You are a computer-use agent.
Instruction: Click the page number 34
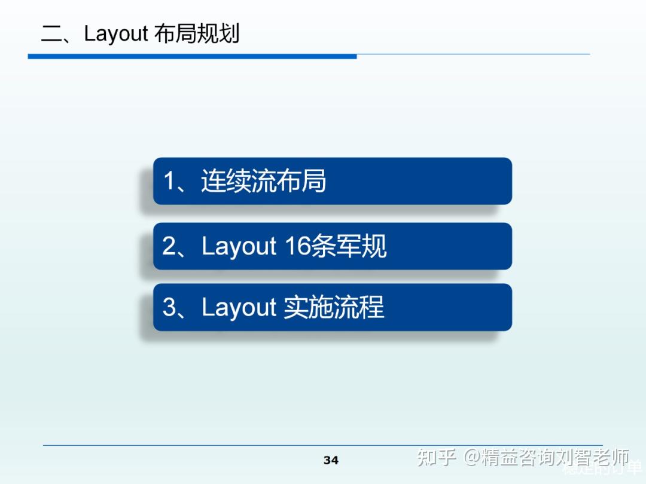pyautogui.click(x=331, y=460)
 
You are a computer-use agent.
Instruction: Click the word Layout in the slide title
pyautogui.click(x=115, y=33)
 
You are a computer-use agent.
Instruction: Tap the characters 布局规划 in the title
pyautogui.click(x=196, y=33)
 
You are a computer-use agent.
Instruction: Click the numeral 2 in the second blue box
pyautogui.click(x=169, y=246)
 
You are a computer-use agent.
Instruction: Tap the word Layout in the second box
pyautogui.click(x=239, y=246)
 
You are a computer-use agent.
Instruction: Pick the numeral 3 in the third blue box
pyautogui.click(x=169, y=307)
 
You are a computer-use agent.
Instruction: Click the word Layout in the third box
pyautogui.click(x=239, y=307)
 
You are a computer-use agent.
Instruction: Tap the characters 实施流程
pyautogui.click(x=334, y=307)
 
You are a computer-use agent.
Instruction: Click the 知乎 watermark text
pyautogui.click(x=437, y=458)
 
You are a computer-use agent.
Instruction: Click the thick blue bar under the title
pyautogui.click(x=192, y=56)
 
